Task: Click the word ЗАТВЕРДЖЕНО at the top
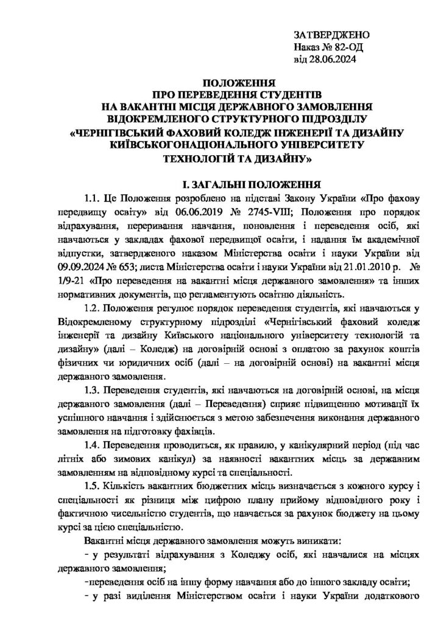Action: click(x=333, y=35)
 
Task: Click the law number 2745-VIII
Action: click(x=259, y=212)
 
